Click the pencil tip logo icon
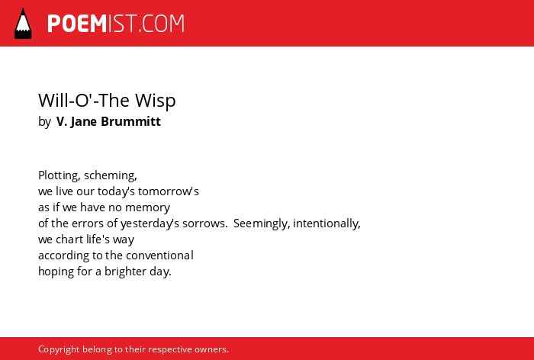(23, 23)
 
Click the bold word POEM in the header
(77, 24)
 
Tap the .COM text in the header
(161, 24)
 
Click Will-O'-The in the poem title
(85, 100)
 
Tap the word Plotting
(60, 175)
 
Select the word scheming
(111, 175)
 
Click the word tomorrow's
(169, 191)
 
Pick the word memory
(147, 207)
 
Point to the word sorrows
(204, 223)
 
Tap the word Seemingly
(262, 223)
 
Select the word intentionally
(327, 223)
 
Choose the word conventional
(159, 256)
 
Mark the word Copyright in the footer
(59, 349)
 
